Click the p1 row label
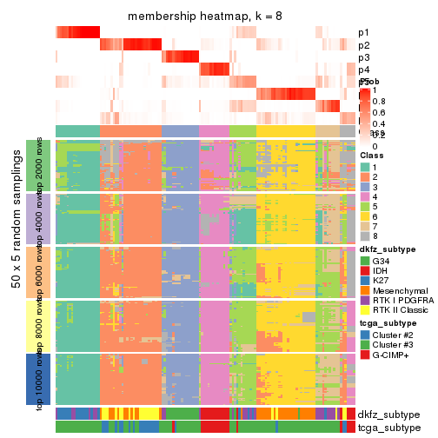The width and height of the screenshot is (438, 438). click(364, 33)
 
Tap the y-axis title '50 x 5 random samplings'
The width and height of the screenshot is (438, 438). click(17, 273)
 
